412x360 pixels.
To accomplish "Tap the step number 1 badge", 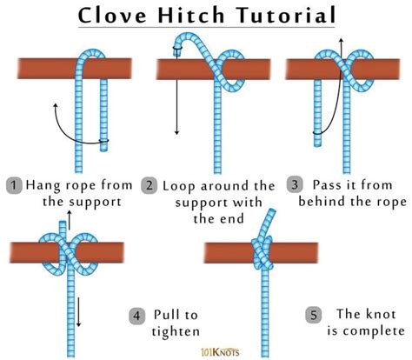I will (14, 184).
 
